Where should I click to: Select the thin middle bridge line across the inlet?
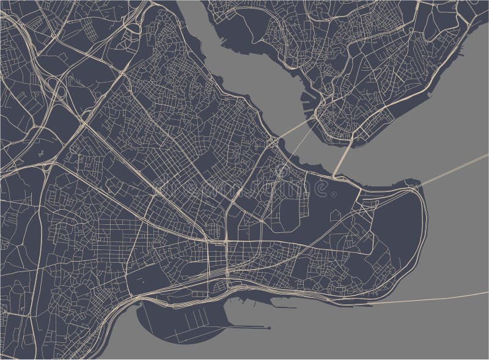point(299,147)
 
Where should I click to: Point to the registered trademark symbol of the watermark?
point(333,194)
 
